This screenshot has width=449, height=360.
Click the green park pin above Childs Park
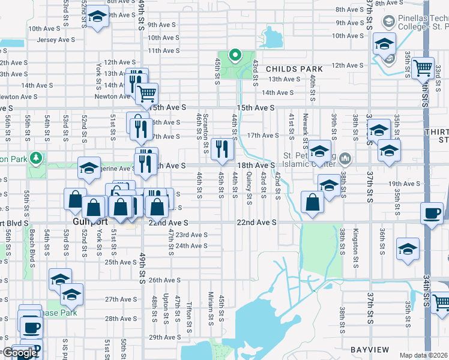click(235, 56)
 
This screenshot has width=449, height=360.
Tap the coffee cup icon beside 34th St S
click(432, 213)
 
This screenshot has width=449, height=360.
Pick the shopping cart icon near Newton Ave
click(146, 93)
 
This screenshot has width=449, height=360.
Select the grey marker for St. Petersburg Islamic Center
click(345, 159)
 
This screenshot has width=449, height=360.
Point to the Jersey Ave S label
click(55, 40)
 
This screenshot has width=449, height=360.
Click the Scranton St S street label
click(205, 127)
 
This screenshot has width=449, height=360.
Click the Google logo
click(20, 353)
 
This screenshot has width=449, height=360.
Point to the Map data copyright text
click(423, 355)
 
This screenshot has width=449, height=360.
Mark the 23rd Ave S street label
click(191, 235)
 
